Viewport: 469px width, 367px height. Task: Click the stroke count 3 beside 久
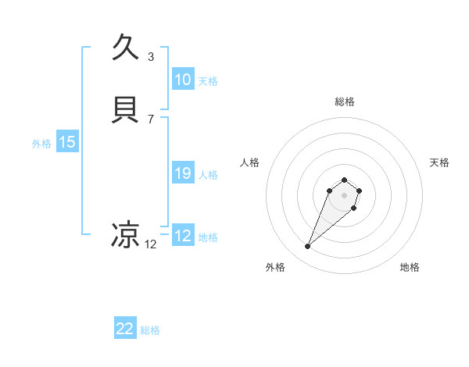click(151, 56)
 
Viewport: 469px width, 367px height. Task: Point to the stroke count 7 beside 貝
click(151, 119)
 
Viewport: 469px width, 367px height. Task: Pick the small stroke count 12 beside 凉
click(151, 244)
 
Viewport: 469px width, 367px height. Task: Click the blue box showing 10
click(182, 80)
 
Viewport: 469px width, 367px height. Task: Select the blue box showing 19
click(182, 173)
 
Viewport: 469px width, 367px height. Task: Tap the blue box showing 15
click(67, 142)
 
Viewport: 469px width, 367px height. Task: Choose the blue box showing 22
click(125, 329)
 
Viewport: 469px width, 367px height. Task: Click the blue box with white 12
click(182, 236)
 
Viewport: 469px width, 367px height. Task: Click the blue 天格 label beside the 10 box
click(208, 81)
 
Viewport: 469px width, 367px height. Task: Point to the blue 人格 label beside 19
click(208, 175)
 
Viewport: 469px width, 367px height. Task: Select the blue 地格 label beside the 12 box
click(208, 237)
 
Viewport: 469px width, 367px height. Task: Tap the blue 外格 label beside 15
click(41, 144)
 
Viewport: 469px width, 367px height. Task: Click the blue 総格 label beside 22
click(150, 330)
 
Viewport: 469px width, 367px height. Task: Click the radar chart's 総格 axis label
click(345, 102)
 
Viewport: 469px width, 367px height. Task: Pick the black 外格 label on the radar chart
click(275, 267)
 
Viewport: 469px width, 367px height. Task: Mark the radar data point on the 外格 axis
click(308, 247)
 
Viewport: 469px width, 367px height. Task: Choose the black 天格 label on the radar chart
click(439, 162)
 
